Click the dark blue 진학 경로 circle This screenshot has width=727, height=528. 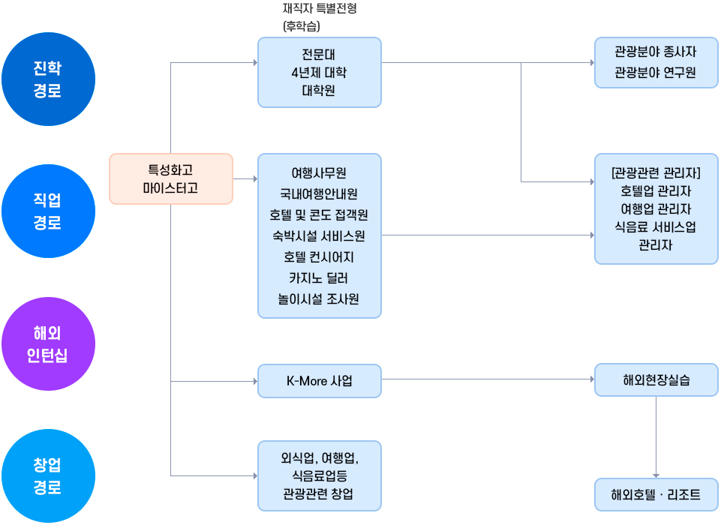[48, 79]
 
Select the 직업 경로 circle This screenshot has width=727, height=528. [48, 211]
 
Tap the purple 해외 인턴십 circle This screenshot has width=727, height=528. [48, 343]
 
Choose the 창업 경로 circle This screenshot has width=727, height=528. [48, 475]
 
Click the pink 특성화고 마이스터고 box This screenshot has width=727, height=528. [171, 178]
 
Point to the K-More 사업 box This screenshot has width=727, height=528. [320, 380]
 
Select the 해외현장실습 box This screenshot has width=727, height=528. [656, 380]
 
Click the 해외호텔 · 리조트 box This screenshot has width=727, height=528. [656, 494]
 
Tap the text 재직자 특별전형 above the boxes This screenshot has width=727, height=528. [320, 10]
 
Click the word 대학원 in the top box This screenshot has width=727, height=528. [320, 91]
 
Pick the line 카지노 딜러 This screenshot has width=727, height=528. [320, 278]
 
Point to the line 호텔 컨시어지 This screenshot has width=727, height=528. [320, 257]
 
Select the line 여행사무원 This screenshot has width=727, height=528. [320, 172]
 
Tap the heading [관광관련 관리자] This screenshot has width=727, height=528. [656, 173]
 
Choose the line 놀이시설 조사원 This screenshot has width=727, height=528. [320, 299]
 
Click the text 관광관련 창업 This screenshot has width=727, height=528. [320, 494]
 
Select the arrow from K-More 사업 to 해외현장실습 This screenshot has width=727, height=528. [488, 379]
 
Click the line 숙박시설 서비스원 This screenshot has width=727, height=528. [320, 236]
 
